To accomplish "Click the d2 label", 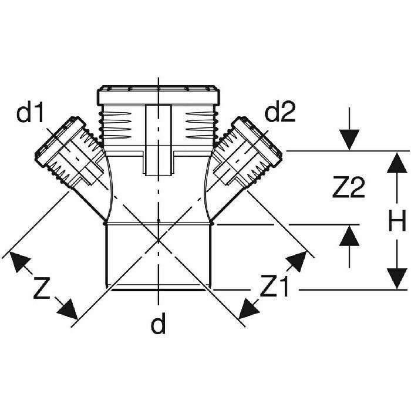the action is tap(280, 112).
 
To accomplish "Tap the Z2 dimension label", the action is tap(348, 187).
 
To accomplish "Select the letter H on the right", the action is tap(397, 221).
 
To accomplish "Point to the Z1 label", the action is tap(275, 287).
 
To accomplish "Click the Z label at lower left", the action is tap(42, 288).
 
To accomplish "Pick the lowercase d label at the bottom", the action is tap(159, 324).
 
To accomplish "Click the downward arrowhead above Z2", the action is tap(349, 140).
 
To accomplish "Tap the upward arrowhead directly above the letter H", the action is tap(397, 163).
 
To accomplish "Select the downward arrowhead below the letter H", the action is tap(397, 279).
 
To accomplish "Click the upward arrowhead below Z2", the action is tap(349, 235).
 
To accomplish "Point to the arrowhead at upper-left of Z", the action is tap(19, 261).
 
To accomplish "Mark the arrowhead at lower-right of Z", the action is tap(69, 310).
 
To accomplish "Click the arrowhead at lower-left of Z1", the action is tap(248, 309).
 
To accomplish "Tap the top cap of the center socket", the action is tap(159, 95).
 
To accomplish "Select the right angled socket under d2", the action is tap(247, 152).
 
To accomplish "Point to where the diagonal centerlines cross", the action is tap(159, 240).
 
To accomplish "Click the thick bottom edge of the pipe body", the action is tap(159, 289).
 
